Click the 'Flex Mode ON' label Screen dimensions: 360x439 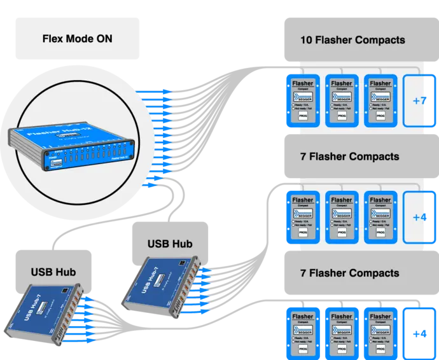pyautogui.click(x=77, y=39)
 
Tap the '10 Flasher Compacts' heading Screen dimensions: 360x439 pyautogui.click(x=352, y=40)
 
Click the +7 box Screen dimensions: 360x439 pyautogui.click(x=419, y=100)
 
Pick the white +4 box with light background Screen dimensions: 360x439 pyautogui.click(x=419, y=217)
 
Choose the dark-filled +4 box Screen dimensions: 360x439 pyautogui.click(x=419, y=333)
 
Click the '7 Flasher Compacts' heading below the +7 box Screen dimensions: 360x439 pyautogui.click(x=349, y=156)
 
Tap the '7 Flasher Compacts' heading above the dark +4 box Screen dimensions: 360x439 pyautogui.click(x=349, y=273)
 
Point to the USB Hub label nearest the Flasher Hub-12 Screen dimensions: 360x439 pyautogui.click(x=170, y=243)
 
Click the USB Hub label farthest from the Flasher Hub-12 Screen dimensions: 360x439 pyautogui.click(x=53, y=272)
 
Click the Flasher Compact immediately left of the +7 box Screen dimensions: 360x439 pyautogui.click(x=380, y=100)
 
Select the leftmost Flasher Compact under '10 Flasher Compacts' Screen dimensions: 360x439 pyautogui.click(x=303, y=100)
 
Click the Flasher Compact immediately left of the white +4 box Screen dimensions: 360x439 pyautogui.click(x=380, y=217)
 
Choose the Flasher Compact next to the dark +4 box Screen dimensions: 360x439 pyautogui.click(x=380, y=333)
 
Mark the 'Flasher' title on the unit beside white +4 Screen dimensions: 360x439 pyautogui.click(x=380, y=200)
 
